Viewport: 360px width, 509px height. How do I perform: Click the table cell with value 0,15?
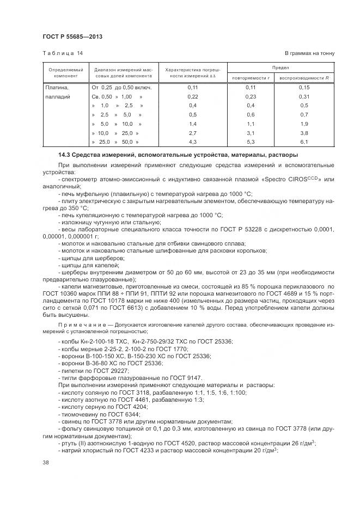click(304, 87)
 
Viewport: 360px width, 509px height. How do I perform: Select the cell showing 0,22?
click(192, 96)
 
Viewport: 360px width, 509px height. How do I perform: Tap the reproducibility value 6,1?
click(304, 142)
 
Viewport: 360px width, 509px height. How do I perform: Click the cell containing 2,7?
click(192, 133)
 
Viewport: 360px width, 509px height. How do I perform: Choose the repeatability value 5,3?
click(251, 142)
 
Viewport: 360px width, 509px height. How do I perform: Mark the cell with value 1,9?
click(304, 124)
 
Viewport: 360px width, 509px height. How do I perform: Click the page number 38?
click(46, 462)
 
